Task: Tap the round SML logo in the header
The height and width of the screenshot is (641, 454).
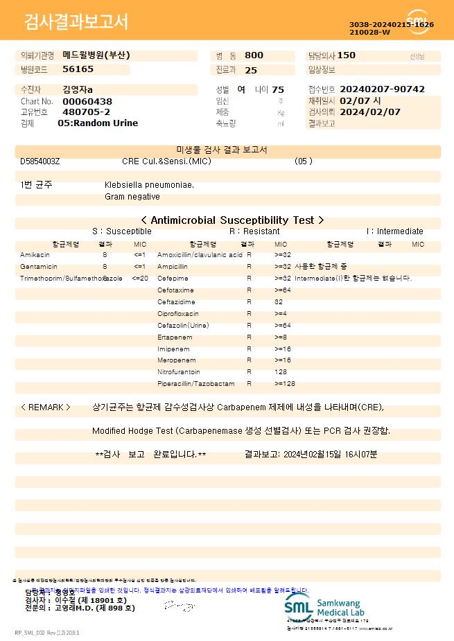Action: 417,22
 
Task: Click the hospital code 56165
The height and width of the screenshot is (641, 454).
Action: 78,69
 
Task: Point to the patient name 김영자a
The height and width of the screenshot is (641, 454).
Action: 77,89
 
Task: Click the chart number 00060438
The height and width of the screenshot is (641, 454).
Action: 87,101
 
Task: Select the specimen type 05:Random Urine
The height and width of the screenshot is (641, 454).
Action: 98,123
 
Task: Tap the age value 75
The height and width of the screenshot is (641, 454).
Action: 278,89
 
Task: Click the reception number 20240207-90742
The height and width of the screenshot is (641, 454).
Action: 383,89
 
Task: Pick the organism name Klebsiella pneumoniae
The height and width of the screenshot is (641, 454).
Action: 149,185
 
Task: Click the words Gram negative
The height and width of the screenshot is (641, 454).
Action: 132,197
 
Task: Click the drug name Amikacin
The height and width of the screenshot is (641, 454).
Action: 35,255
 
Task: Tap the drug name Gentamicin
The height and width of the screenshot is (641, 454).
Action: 39,267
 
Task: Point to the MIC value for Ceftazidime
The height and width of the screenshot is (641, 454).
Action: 279,302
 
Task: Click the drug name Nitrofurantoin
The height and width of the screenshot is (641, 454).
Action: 178,372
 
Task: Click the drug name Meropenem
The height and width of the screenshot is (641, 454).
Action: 176,360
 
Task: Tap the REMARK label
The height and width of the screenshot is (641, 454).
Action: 46,407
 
